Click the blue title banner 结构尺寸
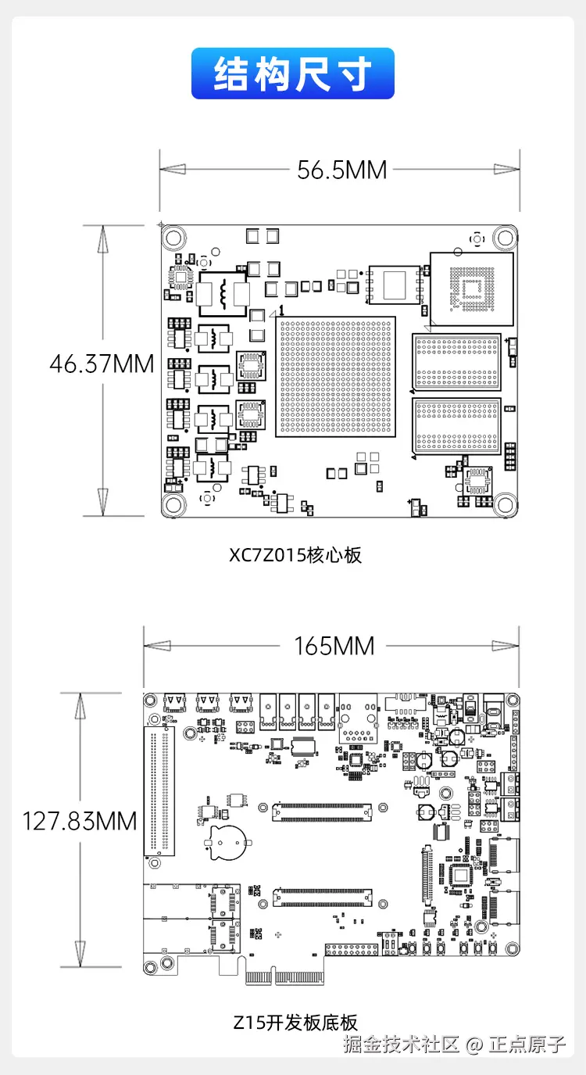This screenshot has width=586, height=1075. pyautogui.click(x=292, y=73)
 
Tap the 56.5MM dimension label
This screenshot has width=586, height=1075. pyautogui.click(x=341, y=170)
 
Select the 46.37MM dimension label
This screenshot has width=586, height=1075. pyautogui.click(x=102, y=364)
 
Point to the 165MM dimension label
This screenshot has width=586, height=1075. pyautogui.click(x=334, y=646)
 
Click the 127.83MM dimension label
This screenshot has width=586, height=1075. pyautogui.click(x=80, y=821)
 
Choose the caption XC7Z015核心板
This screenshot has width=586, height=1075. pyautogui.click(x=295, y=555)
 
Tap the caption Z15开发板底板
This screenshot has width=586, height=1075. pyautogui.click(x=295, y=1023)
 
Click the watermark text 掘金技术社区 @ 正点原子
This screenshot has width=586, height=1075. pyautogui.click(x=455, y=1045)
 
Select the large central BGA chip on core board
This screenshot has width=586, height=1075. pyautogui.click(x=335, y=377)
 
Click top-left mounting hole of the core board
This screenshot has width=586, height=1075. pyautogui.click(x=173, y=238)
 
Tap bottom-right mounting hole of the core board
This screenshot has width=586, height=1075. pyautogui.click(x=505, y=504)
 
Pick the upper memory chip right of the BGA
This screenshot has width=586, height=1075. pyautogui.click(x=456, y=362)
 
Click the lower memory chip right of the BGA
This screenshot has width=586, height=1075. pyautogui.click(x=456, y=425)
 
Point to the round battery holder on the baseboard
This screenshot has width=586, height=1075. pyautogui.click(x=228, y=843)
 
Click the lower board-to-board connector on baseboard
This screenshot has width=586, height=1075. pyautogui.click(x=322, y=898)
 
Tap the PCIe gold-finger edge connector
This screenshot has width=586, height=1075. pyautogui.click(x=284, y=977)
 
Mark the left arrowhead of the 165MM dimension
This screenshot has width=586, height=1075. pyautogui.click(x=157, y=646)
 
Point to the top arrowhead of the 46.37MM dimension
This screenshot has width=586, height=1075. pyautogui.click(x=102, y=239)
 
